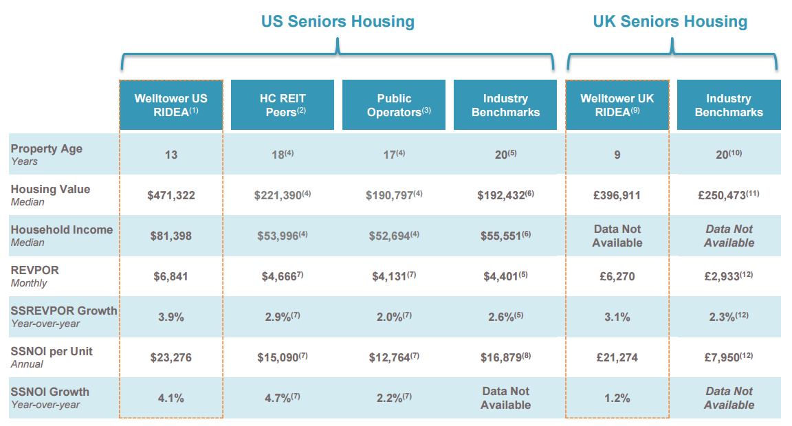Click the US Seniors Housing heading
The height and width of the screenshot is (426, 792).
(x=338, y=21)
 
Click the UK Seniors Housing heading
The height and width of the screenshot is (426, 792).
(x=670, y=21)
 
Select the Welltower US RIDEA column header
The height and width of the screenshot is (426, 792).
(x=170, y=105)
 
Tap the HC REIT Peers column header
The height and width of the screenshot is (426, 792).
(x=282, y=105)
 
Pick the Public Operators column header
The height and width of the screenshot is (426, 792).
(x=393, y=105)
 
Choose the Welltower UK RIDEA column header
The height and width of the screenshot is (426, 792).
(x=617, y=105)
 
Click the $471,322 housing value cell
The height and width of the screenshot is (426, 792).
(x=171, y=195)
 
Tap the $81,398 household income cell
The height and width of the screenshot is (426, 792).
(x=171, y=236)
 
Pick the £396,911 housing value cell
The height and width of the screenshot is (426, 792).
(x=617, y=195)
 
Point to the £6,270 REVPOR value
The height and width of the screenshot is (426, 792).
(x=617, y=276)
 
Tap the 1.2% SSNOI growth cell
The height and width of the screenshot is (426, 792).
(x=617, y=398)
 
